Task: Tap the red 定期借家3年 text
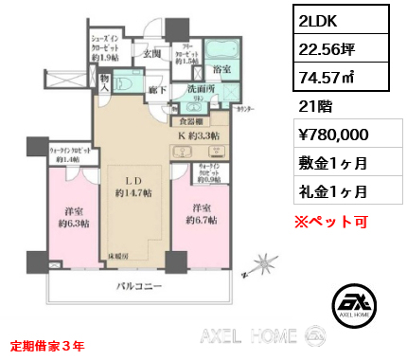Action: click(x=46, y=345)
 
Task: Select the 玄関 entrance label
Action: click(x=152, y=53)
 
